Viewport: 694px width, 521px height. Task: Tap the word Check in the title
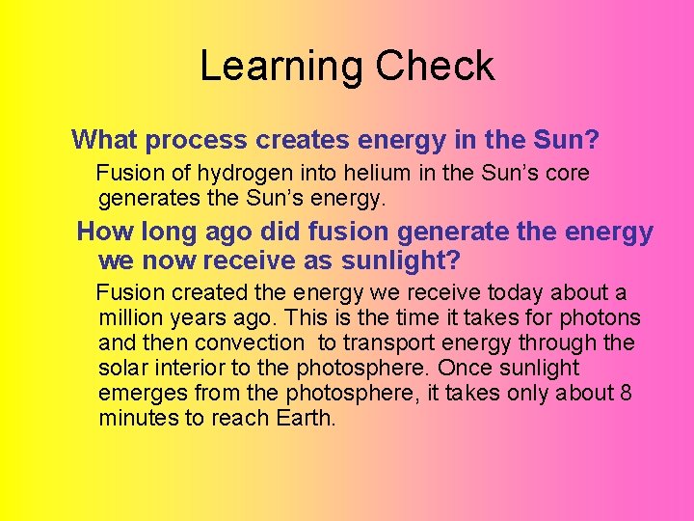click(435, 66)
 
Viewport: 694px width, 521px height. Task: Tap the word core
click(563, 175)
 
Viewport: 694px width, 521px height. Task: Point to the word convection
click(249, 343)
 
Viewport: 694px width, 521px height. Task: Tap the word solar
click(123, 368)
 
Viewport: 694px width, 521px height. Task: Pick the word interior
click(190, 368)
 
